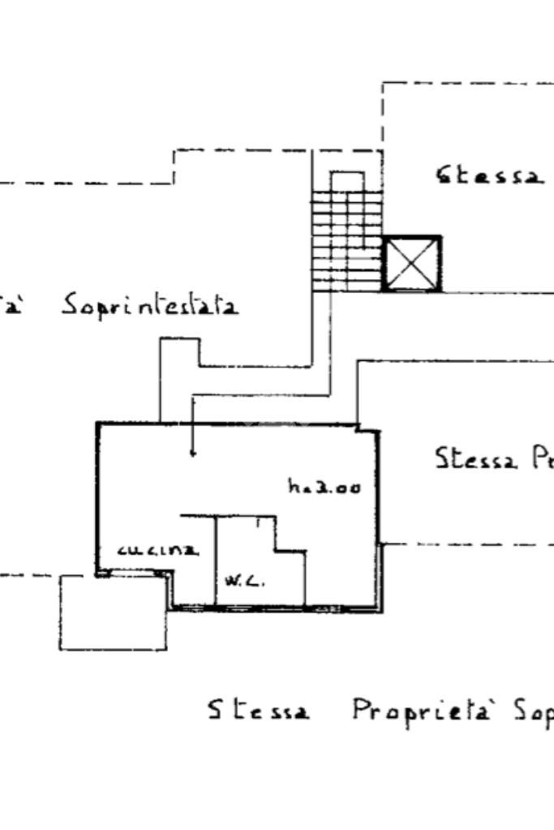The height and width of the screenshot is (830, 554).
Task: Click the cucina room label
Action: click(158, 550)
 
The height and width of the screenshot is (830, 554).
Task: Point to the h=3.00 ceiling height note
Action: click(324, 487)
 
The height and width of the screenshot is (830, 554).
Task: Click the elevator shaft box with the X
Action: click(411, 264)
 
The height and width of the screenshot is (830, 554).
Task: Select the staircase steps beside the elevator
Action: click(346, 241)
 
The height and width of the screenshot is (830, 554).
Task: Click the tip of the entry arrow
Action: click(192, 455)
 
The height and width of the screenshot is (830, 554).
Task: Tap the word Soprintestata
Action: click(151, 307)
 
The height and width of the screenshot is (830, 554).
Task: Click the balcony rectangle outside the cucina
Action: click(113, 613)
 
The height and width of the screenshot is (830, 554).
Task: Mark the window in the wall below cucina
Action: click(135, 572)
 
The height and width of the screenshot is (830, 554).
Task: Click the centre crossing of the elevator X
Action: click(411, 264)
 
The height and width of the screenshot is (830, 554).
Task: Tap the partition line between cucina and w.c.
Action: click(216, 560)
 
